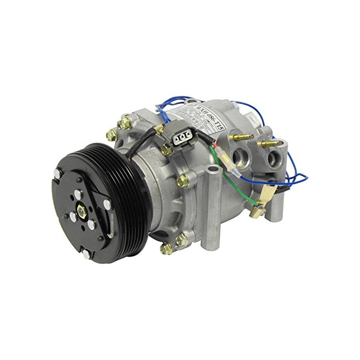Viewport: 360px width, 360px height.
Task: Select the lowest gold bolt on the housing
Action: click(166, 250)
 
